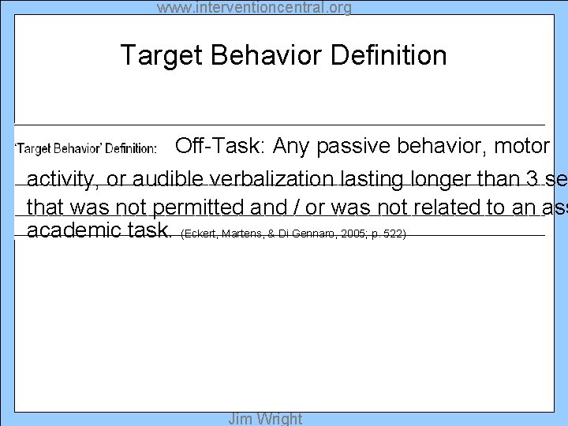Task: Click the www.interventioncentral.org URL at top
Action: click(254, 8)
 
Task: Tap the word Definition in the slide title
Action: click(389, 55)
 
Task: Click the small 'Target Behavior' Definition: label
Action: click(87, 148)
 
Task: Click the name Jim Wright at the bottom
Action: click(265, 419)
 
